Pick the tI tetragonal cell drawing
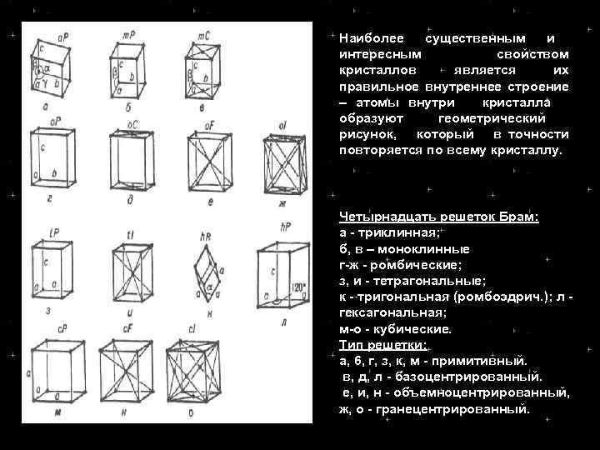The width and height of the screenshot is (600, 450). coord(129,272)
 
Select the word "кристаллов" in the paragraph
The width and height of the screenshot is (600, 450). coord(372,70)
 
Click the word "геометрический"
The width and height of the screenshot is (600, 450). coord(492,118)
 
